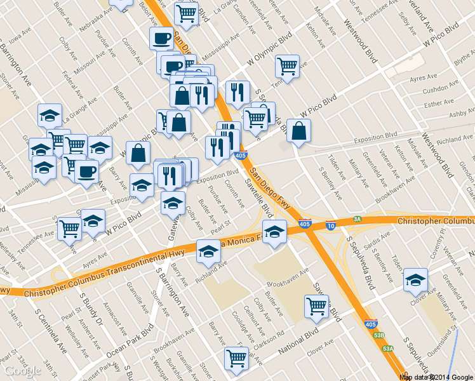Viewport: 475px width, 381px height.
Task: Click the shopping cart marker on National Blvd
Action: pos(237,358)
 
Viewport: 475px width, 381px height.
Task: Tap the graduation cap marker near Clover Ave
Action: pos(415,279)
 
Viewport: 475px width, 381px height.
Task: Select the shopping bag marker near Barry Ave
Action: pos(138,153)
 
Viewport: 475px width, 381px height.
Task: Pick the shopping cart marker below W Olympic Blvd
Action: pos(287,66)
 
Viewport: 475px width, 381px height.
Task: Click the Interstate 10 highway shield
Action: pos(331,225)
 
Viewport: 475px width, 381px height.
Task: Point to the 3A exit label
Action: pos(358,219)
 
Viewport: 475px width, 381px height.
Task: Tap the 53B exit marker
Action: pos(379,335)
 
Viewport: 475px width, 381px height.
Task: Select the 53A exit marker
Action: pos(388,348)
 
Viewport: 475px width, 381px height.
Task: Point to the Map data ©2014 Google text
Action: pos(436,377)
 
